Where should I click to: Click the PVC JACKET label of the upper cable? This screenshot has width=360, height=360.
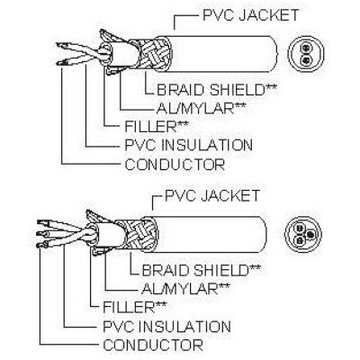pos(251,15)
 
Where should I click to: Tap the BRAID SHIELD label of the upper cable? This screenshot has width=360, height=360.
pos(216,90)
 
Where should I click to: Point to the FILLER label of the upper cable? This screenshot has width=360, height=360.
pos(157,127)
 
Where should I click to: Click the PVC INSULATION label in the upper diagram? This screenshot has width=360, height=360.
pos(188,145)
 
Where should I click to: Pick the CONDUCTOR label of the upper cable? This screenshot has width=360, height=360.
pos(175,165)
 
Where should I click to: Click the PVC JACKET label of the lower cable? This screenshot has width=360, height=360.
pos(212,195)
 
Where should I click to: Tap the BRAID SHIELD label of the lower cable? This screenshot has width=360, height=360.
pos(201,270)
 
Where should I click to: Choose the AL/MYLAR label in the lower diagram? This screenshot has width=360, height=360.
pos(185,289)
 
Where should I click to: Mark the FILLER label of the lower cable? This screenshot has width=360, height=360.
pos(134,307)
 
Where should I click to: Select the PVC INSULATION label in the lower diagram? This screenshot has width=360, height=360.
pos(166,326)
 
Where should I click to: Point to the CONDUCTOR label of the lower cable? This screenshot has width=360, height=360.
pos(153,345)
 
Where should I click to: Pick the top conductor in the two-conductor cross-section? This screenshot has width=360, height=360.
pos(306,48)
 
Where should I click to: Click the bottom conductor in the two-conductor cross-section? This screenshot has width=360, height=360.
pos(306,60)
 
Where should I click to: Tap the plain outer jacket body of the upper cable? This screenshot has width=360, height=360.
pos(222,54)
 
